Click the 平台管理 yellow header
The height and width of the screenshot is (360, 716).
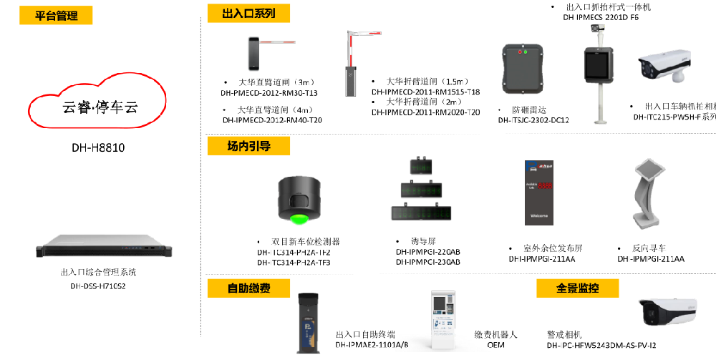click(57, 15)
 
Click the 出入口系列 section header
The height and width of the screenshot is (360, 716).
click(240, 13)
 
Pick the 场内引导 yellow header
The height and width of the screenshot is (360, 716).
click(248, 146)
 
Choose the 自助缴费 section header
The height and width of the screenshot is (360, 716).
click(248, 288)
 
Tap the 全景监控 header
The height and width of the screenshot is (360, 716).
click(577, 288)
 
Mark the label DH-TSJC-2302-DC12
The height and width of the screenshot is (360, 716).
click(533, 120)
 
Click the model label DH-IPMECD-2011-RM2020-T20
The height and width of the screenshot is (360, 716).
click(425, 112)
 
